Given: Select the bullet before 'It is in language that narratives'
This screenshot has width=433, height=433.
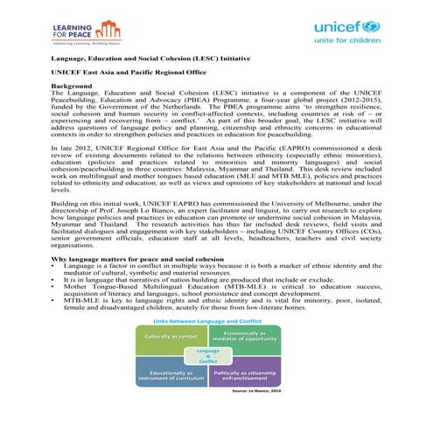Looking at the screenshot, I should coord(54,283).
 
